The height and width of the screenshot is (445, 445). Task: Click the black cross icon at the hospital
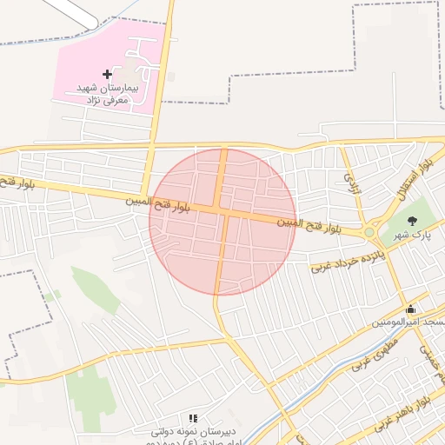pos(107,75)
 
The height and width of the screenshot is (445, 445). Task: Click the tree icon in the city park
pos(412,221)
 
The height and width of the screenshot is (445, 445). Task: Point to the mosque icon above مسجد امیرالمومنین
pos(410,309)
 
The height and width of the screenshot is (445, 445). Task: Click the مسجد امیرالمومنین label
pos(408,322)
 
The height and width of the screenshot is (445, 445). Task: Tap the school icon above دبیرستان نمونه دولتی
pos(193,418)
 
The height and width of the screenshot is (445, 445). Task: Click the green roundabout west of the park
pos(369,232)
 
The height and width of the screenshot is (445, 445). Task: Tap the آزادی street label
pos(352,183)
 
